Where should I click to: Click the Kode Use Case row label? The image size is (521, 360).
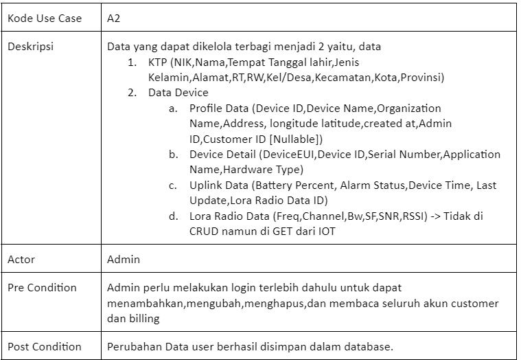[45, 19]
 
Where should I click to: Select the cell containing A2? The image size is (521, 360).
[114, 19]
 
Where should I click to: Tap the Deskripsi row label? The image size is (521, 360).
[31, 47]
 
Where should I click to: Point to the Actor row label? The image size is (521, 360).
[21, 260]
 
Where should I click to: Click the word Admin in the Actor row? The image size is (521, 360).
[124, 260]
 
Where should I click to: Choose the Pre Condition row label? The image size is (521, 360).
[42, 287]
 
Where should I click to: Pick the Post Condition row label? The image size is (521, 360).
[45, 346]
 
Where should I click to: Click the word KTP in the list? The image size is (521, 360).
[158, 63]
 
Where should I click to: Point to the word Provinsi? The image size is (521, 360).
[424, 78]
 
